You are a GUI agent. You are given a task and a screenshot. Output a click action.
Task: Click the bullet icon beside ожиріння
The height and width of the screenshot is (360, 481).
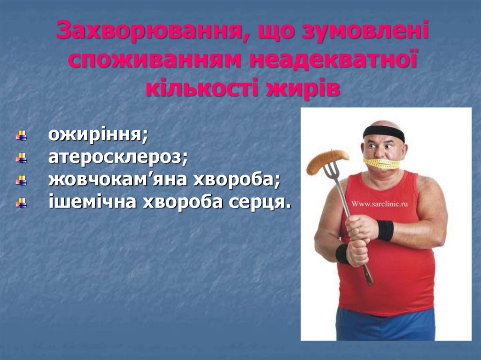(21, 137)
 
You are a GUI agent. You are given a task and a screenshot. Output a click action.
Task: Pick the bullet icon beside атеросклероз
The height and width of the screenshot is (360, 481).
(21, 158)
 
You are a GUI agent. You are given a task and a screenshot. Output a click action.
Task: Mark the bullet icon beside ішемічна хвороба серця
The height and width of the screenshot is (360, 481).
(21, 203)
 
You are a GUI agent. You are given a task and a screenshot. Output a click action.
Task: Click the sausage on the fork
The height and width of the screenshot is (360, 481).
(327, 160)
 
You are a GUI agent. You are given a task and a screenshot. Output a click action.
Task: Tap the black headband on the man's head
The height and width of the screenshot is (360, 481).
(384, 132)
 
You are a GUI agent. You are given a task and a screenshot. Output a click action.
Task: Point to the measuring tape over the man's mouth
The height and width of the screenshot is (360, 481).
(381, 163)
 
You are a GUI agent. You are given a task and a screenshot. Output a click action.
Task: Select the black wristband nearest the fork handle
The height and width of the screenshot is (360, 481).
(385, 230)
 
